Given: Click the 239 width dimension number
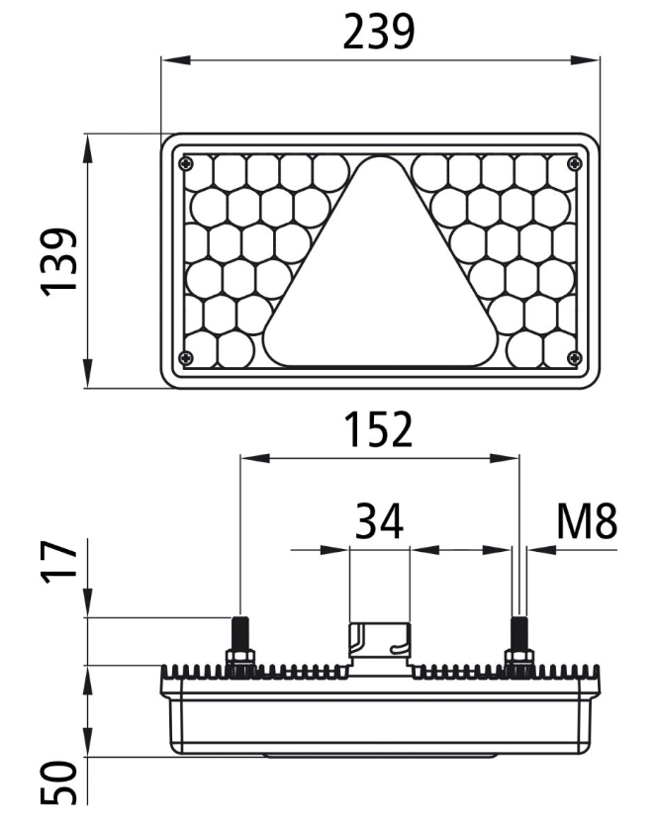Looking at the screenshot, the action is click(x=379, y=32).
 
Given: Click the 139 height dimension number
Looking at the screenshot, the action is click(x=58, y=261).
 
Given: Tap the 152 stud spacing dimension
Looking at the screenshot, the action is click(x=378, y=428).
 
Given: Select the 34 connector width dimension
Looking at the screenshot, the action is click(x=379, y=520).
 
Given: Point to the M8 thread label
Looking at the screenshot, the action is click(x=587, y=521).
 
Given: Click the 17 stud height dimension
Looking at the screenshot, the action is click(x=58, y=562).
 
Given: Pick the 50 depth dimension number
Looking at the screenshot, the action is click(x=58, y=783).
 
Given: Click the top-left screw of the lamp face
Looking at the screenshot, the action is click(x=187, y=163).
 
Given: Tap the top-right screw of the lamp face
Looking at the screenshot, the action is click(x=574, y=163).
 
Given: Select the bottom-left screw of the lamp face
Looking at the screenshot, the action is click(x=187, y=357).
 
